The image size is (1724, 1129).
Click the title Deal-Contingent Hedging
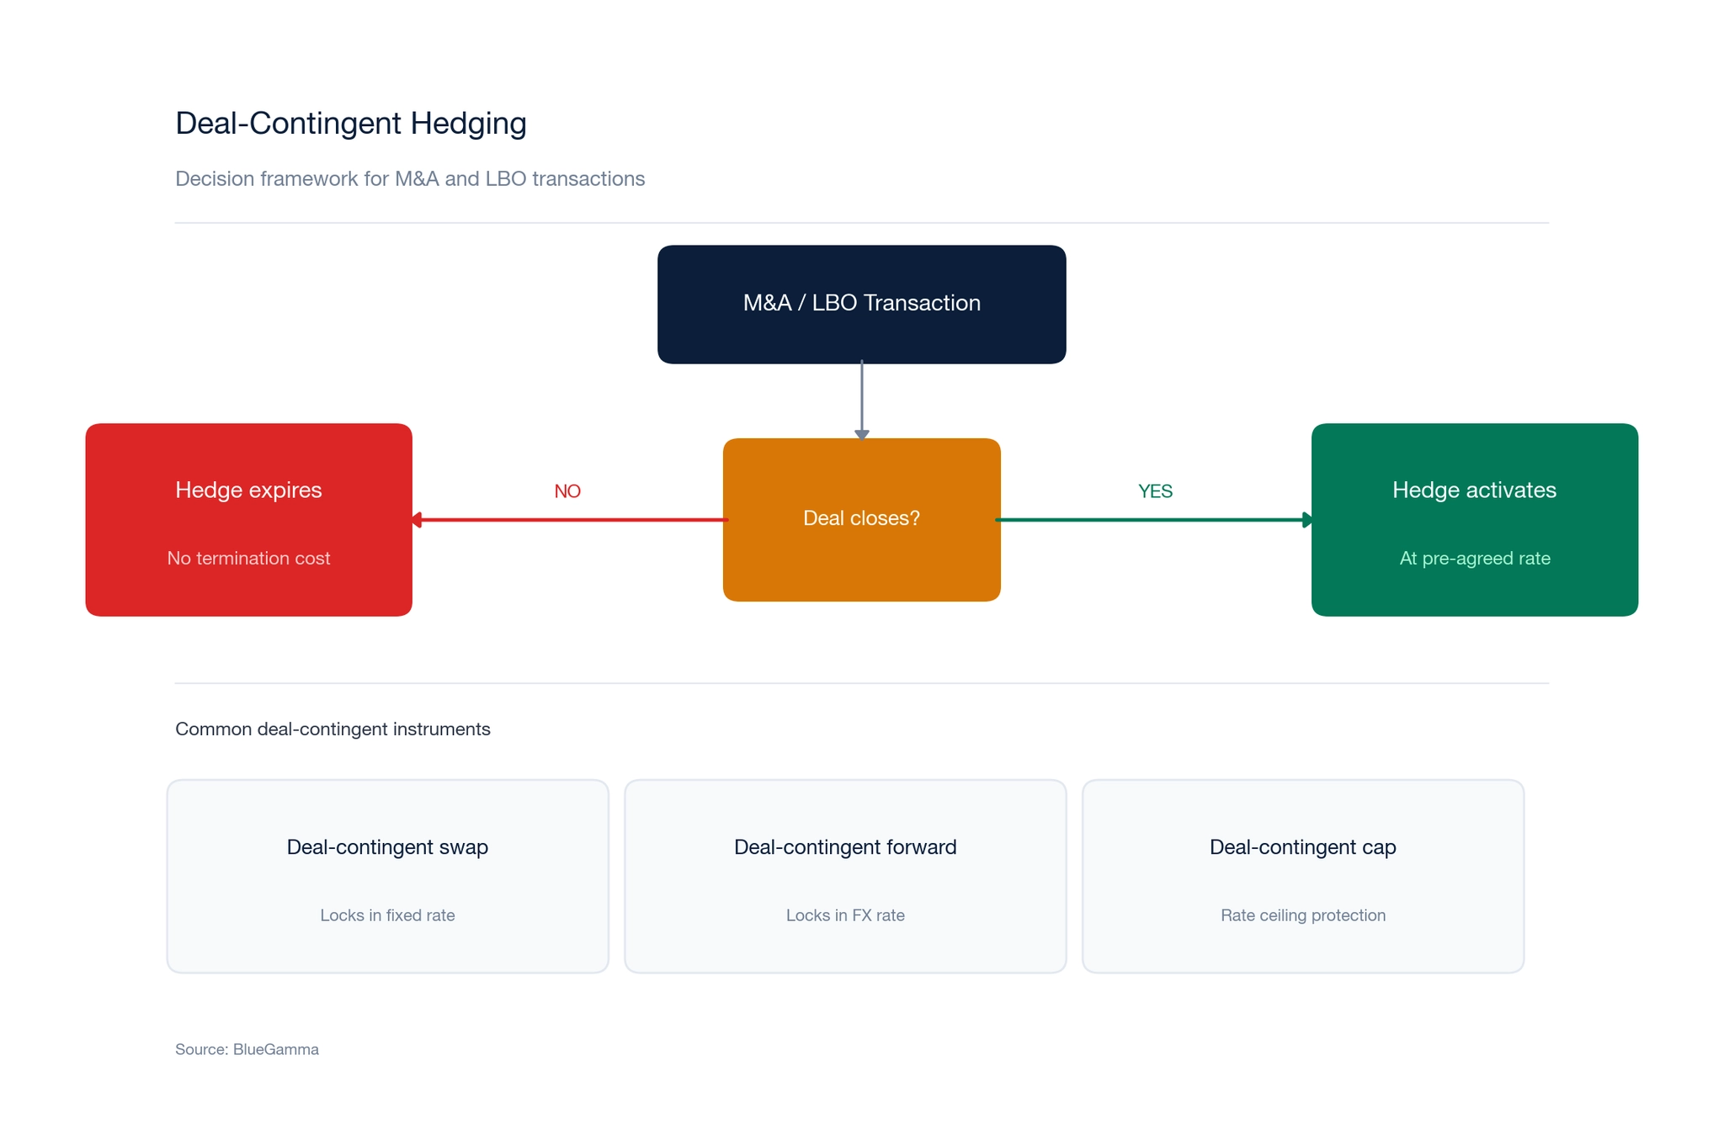tap(350, 124)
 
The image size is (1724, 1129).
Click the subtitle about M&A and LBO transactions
tap(410, 179)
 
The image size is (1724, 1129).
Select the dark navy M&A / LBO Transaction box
tap(861, 304)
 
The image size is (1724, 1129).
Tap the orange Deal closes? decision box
tap(861, 518)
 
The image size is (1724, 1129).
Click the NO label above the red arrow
tap(567, 491)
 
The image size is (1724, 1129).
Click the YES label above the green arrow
tap(1155, 491)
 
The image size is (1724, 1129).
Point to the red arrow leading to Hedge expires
tap(568, 520)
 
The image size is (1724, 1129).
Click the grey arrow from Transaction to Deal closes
tap(861, 400)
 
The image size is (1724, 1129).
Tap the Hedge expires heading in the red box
tap(248, 490)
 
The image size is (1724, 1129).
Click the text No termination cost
tap(248, 559)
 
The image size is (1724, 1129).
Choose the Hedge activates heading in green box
tap(1474, 490)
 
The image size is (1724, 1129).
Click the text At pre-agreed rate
tap(1474, 559)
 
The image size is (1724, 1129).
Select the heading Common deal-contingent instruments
tap(333, 729)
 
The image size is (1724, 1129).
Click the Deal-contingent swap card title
tap(387, 847)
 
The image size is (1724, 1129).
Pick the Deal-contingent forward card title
tap(845, 847)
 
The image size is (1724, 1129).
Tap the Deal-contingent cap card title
tap(1302, 847)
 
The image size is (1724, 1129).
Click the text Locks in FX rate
tap(845, 915)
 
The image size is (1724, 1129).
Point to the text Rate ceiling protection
tap(1302, 915)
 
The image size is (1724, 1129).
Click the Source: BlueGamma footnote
tap(247, 1050)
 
